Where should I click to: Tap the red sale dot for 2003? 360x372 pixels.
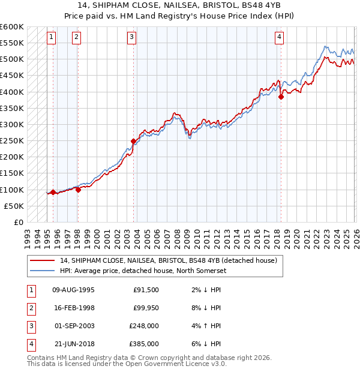pyautogui.click(x=133, y=142)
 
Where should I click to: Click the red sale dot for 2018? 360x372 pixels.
pyautogui.click(x=281, y=97)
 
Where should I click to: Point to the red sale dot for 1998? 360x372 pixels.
pyautogui.click(x=78, y=190)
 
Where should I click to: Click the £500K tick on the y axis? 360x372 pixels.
pyautogui.click(x=12, y=59)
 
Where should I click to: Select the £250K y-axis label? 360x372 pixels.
pyautogui.click(x=12, y=141)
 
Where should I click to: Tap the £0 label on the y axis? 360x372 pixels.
pyautogui.click(x=18, y=222)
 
